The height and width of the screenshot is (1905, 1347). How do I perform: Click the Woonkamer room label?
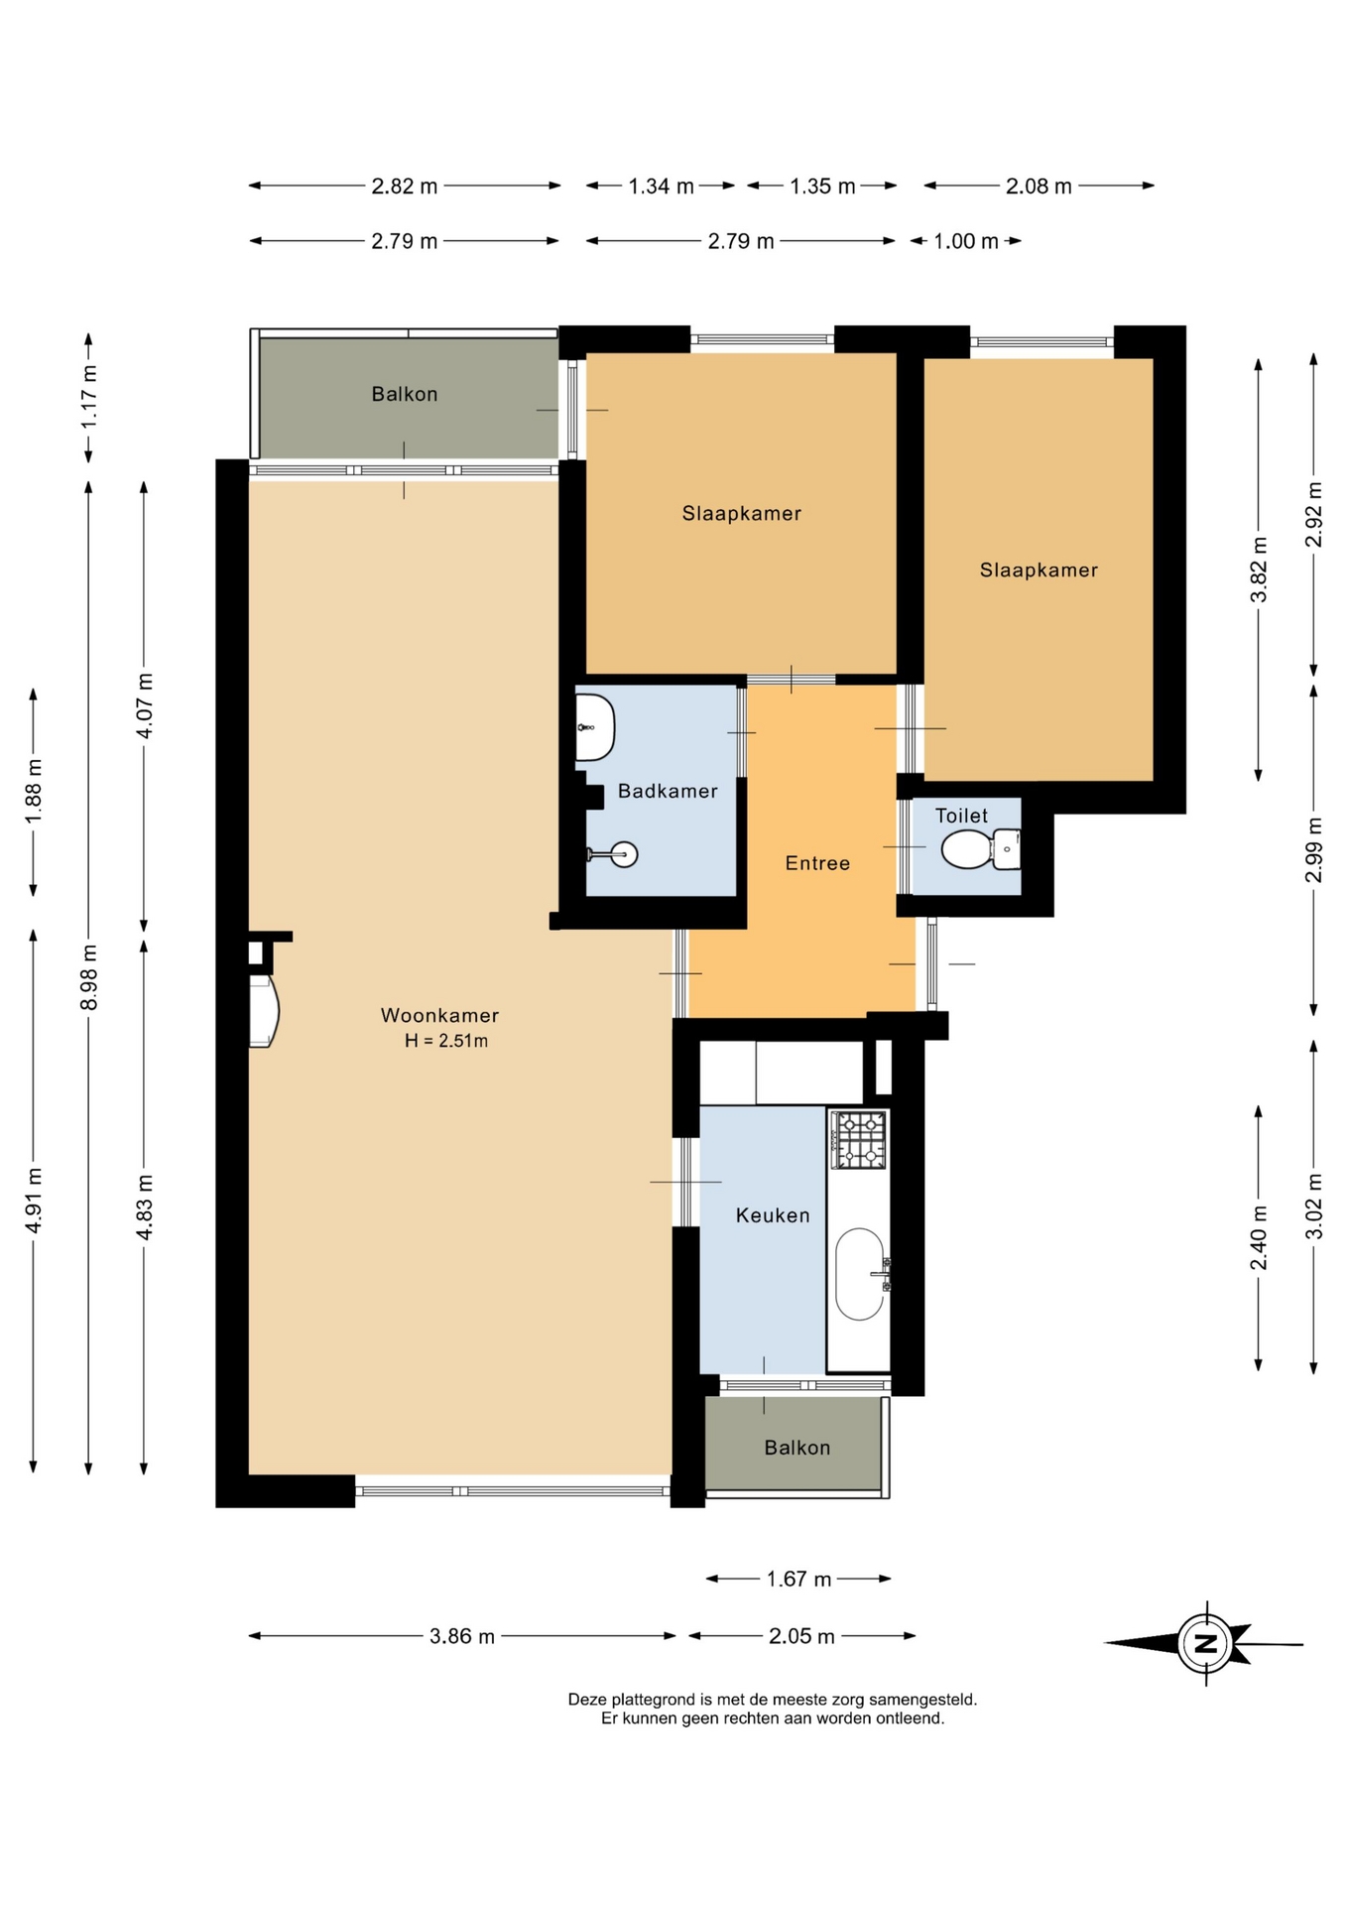439,1015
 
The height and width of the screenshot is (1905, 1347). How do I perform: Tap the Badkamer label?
668,791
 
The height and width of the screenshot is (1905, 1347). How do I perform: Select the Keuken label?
773,1215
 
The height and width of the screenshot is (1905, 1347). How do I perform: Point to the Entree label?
817,863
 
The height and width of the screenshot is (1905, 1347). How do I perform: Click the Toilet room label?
961,816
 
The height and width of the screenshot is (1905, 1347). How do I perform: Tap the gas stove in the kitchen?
859,1139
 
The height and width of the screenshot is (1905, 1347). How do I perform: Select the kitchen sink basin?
860,1275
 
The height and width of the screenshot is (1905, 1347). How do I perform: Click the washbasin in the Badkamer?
595,727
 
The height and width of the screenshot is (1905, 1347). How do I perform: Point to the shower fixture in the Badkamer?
613,853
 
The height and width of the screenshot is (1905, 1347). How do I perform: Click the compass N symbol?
1205,1643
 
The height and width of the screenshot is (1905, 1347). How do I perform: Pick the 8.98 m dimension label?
89,977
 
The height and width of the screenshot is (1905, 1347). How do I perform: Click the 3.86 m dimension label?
462,1636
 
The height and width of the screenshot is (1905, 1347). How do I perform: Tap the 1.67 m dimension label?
798,1579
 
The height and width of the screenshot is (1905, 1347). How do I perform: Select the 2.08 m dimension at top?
1039,186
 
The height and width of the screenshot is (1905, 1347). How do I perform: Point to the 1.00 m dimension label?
966,241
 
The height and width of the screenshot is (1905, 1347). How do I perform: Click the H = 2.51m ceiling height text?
446,1041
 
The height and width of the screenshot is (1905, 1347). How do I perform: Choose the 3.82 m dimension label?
1259,570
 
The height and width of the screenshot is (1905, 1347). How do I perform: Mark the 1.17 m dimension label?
89,397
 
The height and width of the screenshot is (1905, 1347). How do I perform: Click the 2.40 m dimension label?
1259,1237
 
